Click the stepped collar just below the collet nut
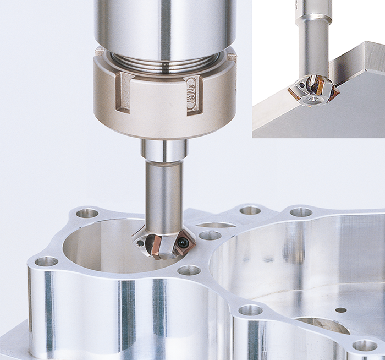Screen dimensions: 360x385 (x=164, y=150)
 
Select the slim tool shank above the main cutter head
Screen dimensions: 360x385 (x=164, y=193)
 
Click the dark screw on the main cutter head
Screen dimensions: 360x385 (x=141, y=243)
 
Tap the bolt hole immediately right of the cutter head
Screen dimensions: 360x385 (x=210, y=236)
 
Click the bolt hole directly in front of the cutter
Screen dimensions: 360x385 (x=189, y=270)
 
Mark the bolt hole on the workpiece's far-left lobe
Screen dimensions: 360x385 (x=47, y=261)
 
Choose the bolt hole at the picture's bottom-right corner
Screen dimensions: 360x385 (x=365, y=346)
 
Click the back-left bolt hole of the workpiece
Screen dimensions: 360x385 (x=87, y=213)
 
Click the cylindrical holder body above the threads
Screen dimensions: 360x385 (x=165, y=22)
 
